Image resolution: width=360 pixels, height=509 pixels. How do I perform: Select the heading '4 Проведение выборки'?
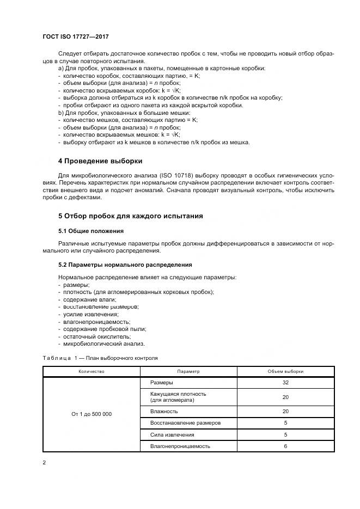pyautogui.click(x=100, y=161)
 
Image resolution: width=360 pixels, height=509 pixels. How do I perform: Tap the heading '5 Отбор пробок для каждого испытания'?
pyautogui.click(x=130, y=216)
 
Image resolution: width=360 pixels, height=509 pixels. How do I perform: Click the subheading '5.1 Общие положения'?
pyautogui.click(x=90, y=231)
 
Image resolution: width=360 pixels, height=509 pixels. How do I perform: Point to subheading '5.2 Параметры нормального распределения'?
pyautogui.click(x=125, y=265)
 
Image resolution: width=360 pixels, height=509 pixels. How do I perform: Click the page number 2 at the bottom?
pyautogui.click(x=44, y=463)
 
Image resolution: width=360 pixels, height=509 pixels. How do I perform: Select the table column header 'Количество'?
pyautogui.click(x=91, y=371)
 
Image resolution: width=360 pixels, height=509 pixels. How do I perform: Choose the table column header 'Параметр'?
pyautogui.click(x=188, y=371)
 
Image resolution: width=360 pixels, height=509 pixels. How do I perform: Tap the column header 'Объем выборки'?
pyautogui.click(x=285, y=371)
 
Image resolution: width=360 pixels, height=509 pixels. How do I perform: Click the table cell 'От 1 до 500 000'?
pyautogui.click(x=91, y=414)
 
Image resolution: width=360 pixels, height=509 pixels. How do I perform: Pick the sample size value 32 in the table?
pyautogui.click(x=285, y=383)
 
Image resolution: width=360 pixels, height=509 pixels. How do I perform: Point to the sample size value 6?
pyautogui.click(x=285, y=446)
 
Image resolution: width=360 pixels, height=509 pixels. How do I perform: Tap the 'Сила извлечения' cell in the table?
pyautogui.click(x=172, y=435)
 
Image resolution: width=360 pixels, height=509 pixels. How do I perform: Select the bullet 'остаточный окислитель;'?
pyautogui.click(x=93, y=336)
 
